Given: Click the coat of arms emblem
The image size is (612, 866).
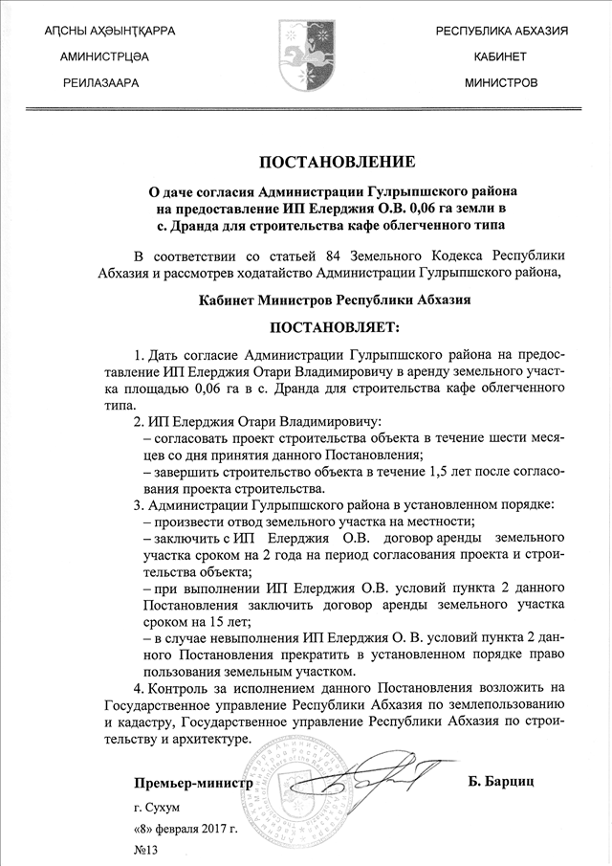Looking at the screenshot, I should coord(305,54).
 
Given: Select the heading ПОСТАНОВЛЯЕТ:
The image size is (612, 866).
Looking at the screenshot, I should coord(324,328).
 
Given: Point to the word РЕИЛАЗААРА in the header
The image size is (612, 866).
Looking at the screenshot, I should coord(101,83).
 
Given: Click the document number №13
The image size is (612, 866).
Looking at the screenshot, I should coord(145,849).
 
